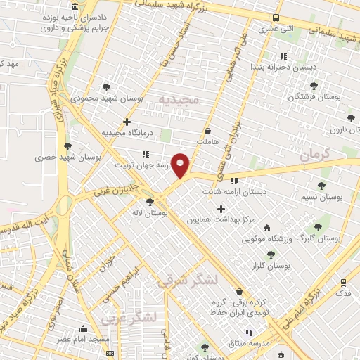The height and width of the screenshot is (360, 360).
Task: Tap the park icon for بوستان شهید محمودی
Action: tap(106, 87)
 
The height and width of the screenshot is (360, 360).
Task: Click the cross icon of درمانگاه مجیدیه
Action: tap(127, 122)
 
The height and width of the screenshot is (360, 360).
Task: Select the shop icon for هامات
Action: tap(207, 131)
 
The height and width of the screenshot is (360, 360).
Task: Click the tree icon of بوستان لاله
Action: tap(150, 202)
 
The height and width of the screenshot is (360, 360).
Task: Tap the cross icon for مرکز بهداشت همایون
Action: tap(221, 209)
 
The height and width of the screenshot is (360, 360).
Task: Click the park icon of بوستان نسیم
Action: tap(321, 186)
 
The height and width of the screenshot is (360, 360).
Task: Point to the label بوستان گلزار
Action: tap(271, 266)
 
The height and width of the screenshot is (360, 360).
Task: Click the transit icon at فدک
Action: tap(343, 282)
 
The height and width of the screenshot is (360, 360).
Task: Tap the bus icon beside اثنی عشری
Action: tap(276, 18)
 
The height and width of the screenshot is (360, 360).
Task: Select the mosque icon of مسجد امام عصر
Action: tap(84, 329)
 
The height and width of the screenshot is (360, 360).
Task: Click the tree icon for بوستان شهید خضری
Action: tap(67, 146)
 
